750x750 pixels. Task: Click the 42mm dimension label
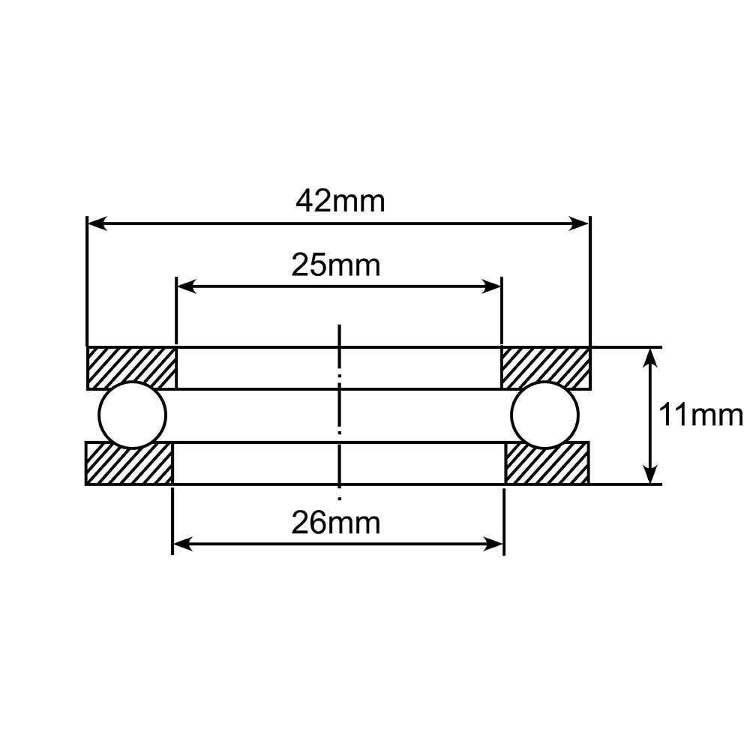click(x=340, y=201)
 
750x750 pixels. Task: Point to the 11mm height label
click(x=700, y=415)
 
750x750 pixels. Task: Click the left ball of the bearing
click(x=133, y=415)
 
